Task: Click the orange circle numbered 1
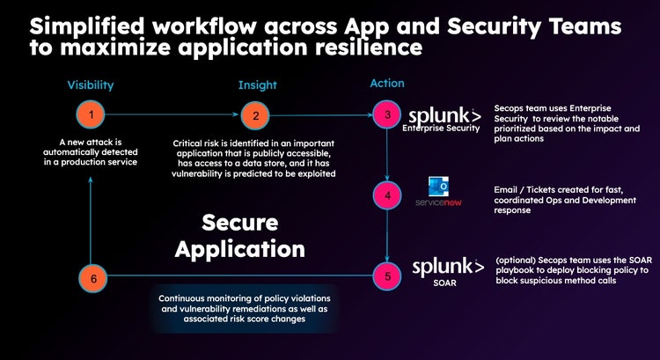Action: pos(91,115)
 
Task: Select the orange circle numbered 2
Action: pos(256,115)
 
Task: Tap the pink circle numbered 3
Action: pos(385,115)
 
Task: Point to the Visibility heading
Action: pos(91,85)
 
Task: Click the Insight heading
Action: pos(257,85)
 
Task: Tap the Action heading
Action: pos(386,84)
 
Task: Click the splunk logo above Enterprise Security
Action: pos(445,116)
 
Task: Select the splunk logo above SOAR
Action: pos(449,267)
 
